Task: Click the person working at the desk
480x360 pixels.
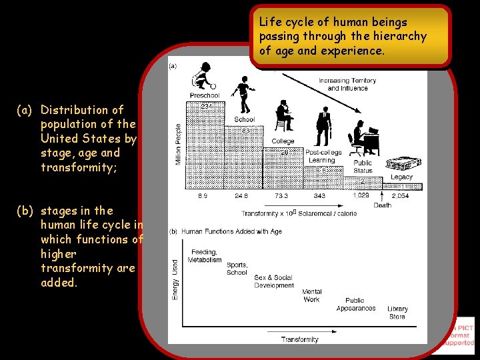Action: point(363,138)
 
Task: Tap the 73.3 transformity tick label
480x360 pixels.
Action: point(282,196)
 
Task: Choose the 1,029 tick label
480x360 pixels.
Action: point(361,196)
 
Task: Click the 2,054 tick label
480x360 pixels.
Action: point(401,196)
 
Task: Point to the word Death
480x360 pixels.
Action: point(382,205)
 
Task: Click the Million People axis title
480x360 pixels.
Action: point(178,144)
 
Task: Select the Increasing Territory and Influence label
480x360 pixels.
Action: point(347,84)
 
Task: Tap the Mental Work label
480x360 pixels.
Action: point(311,296)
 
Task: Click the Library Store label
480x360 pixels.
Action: point(397,313)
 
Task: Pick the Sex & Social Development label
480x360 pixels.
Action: point(273,281)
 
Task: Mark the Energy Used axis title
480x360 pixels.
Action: point(175,279)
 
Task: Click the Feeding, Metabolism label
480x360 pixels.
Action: point(205,256)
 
